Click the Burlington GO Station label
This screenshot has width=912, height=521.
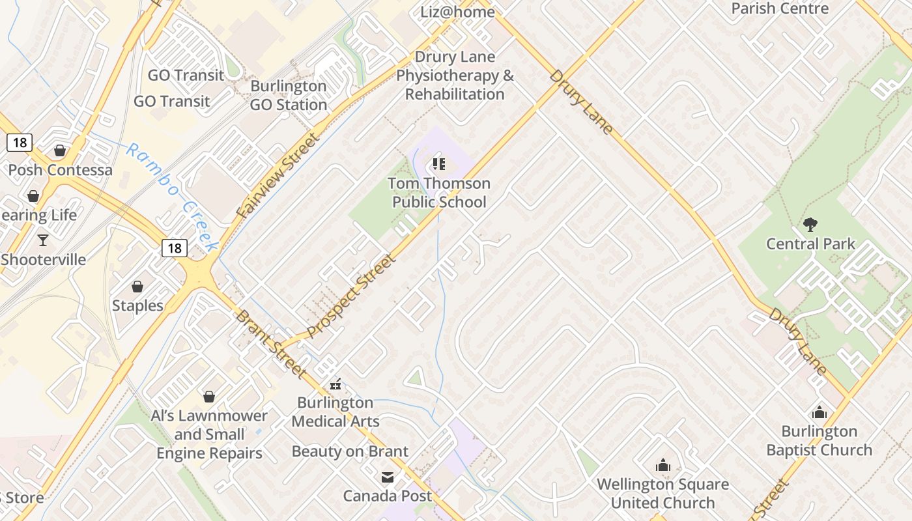289,95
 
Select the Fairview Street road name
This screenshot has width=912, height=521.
279,175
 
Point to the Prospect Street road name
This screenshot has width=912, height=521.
351,296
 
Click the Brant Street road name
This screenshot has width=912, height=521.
270,344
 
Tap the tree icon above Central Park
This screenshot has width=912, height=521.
810,225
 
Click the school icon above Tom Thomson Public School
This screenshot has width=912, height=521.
439,164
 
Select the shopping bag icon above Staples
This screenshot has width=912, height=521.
137,287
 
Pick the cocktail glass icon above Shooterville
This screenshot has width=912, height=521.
43,240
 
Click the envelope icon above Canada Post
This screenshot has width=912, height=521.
388,477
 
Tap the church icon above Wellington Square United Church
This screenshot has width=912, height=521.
663,465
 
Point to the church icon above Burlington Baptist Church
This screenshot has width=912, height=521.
819,412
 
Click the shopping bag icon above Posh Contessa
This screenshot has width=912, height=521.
60,151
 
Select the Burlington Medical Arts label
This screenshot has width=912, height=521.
335,412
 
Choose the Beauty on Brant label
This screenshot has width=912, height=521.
350,451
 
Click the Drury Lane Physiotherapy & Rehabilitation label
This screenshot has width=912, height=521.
455,76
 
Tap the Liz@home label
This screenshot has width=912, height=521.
457,12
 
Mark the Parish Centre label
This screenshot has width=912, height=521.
780,8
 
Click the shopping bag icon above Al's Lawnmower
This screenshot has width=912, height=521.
209,396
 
